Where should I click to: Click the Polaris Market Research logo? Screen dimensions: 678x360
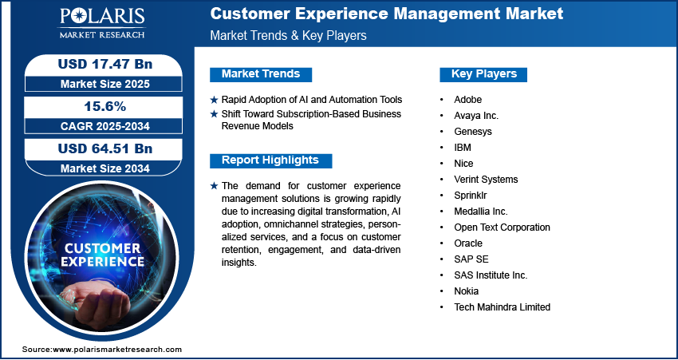102,23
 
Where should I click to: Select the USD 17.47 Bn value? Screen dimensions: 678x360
105,64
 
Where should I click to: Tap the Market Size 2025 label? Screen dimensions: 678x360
105,84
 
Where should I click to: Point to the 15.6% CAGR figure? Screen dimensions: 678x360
105,106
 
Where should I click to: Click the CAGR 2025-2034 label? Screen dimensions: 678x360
105,126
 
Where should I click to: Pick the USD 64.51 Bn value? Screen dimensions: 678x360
105,148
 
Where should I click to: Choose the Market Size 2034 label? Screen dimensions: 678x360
105,168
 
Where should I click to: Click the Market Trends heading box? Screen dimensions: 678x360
261,74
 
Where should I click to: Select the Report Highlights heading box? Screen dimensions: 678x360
270,160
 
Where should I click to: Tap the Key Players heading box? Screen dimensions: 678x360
483,74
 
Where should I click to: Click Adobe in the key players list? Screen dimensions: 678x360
468,100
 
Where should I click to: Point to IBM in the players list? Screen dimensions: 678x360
463,148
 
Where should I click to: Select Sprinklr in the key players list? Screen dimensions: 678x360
471,196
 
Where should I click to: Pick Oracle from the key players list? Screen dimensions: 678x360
468,243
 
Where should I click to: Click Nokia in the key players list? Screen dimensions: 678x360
466,291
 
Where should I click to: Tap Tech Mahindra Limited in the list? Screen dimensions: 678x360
502,307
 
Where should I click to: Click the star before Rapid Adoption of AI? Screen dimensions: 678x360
214,100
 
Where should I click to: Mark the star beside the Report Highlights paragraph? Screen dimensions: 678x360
214,186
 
